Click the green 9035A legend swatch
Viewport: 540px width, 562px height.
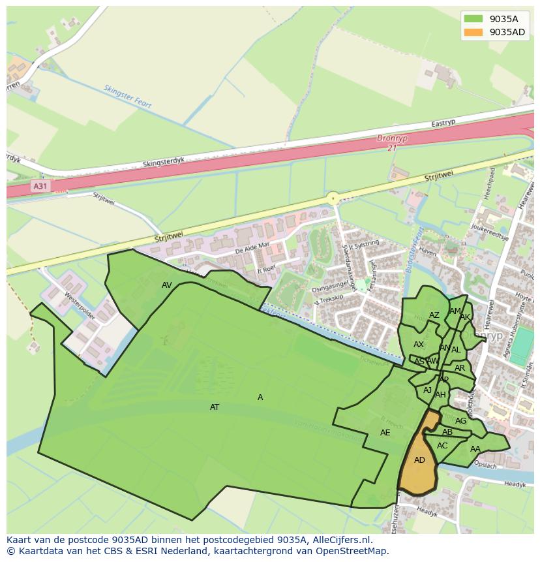[x=473, y=19]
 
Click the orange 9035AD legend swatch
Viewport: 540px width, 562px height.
[x=473, y=32]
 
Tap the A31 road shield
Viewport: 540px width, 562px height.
[x=40, y=187]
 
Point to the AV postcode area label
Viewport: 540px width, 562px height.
[x=167, y=285]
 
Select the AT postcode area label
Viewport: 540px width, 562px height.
[x=215, y=407]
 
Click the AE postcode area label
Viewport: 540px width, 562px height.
[x=385, y=433]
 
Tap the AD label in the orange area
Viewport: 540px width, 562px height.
[x=419, y=460]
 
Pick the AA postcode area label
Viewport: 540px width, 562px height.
[x=475, y=449]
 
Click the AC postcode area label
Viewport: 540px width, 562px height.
[x=442, y=446]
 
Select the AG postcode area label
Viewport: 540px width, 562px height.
[x=461, y=421]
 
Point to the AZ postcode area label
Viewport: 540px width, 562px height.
[x=434, y=315]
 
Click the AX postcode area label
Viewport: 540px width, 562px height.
[x=419, y=345]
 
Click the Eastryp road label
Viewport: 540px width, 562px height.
[x=443, y=123]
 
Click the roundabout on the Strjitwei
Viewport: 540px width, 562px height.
[x=333, y=197]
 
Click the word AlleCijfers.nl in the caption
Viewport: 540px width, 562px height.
[x=342, y=540]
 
